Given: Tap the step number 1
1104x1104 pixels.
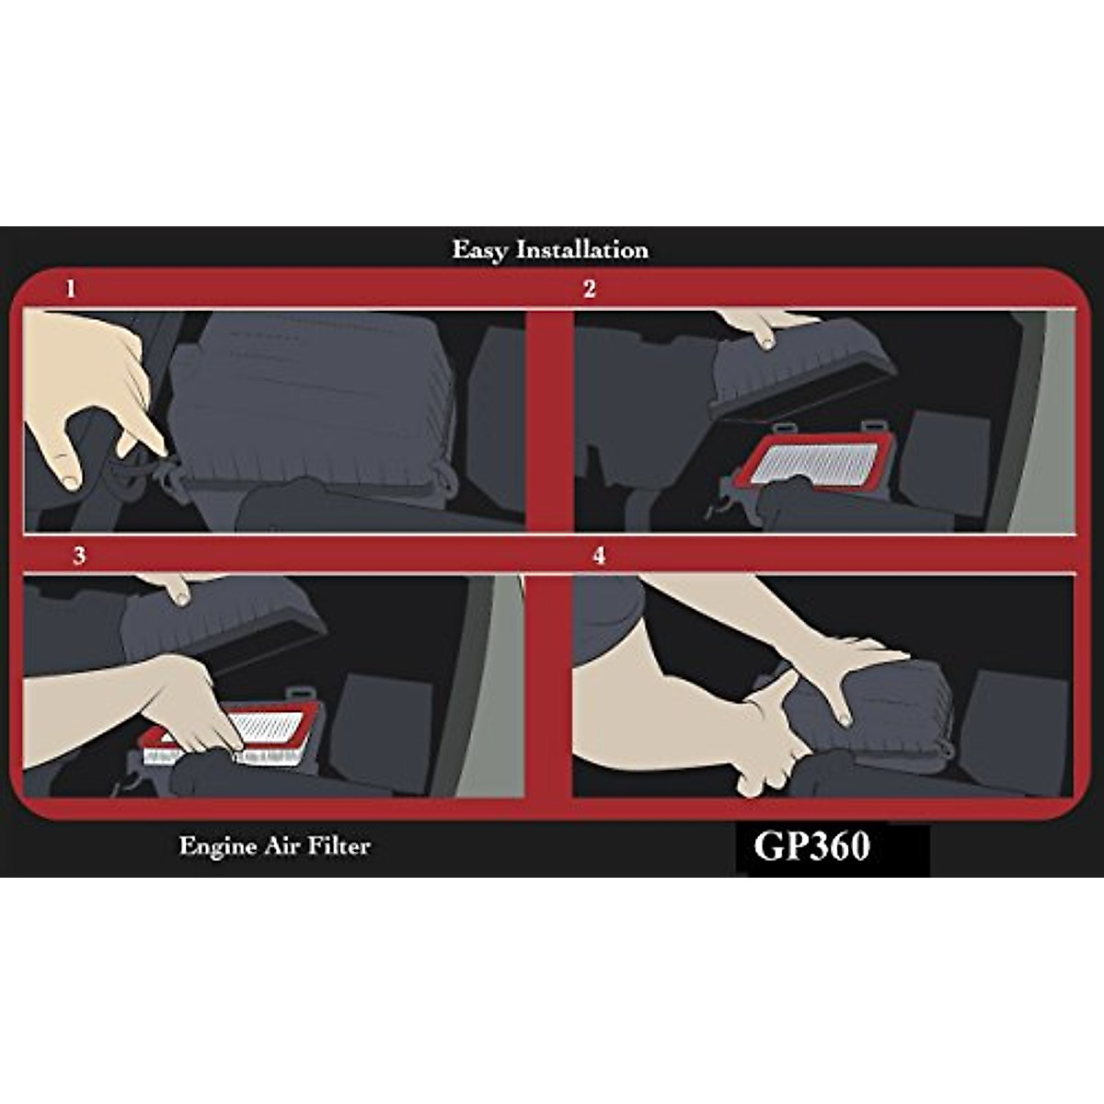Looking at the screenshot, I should point(71,289).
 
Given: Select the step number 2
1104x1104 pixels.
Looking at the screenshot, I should point(589,289).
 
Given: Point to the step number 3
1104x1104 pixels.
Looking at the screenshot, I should point(79,556).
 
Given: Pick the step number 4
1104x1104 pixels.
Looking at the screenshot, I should point(599,556).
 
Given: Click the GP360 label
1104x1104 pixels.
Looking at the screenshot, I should point(811,846).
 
